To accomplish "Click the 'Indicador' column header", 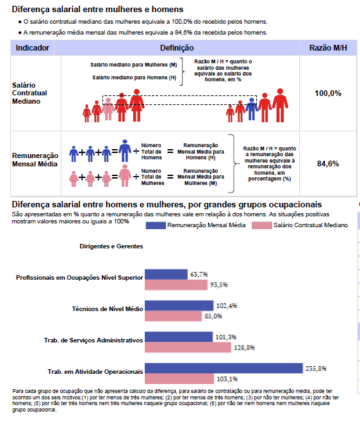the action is coord(32,48).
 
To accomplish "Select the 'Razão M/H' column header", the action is coord(328,48).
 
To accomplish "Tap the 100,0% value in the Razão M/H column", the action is coord(328,93).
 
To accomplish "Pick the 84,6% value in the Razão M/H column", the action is coord(328,164).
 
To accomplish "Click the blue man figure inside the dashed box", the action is coord(252,109).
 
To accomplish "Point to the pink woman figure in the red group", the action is coord(108,109).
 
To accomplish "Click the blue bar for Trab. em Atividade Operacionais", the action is coord(224,368).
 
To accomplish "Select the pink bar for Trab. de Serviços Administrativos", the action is coord(188,348).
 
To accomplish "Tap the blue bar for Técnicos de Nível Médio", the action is coord(179,305).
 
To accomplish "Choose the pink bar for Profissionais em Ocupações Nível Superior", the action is coord(176,285).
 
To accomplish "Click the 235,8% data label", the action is coord(316,368).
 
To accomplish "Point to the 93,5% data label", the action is coord(219,285).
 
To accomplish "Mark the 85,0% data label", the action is coord(213,316).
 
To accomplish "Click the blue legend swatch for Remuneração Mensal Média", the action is coord(156,225).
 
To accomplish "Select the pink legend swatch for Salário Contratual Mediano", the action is coord(262,225).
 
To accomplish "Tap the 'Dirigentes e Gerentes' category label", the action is coord(111,246).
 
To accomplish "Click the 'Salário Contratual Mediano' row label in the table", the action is coord(29,93).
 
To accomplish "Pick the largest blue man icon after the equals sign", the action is coord(125,150).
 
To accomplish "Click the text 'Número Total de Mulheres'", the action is coord(152,177).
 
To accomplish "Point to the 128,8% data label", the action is coord(245,348).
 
